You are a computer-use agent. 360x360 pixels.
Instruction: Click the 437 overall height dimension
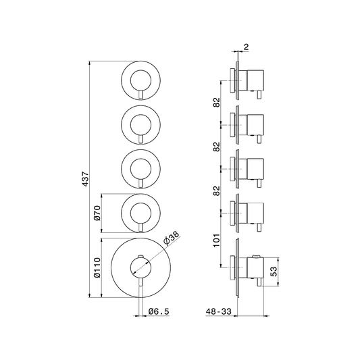pos(85,179)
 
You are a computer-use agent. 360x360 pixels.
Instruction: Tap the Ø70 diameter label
pos(97,213)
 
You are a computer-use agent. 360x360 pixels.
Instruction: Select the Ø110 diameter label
pos(97,267)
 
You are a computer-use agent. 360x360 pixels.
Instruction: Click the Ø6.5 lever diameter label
pos(159,311)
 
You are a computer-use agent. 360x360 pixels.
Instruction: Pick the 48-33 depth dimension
pos(219,311)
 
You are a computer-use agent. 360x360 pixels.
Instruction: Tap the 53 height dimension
pos(274,272)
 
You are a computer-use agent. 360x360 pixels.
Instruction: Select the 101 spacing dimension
pos(217,240)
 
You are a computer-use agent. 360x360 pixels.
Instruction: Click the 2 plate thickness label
pos(246,47)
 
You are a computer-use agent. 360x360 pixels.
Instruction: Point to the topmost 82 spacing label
pos(217,103)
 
